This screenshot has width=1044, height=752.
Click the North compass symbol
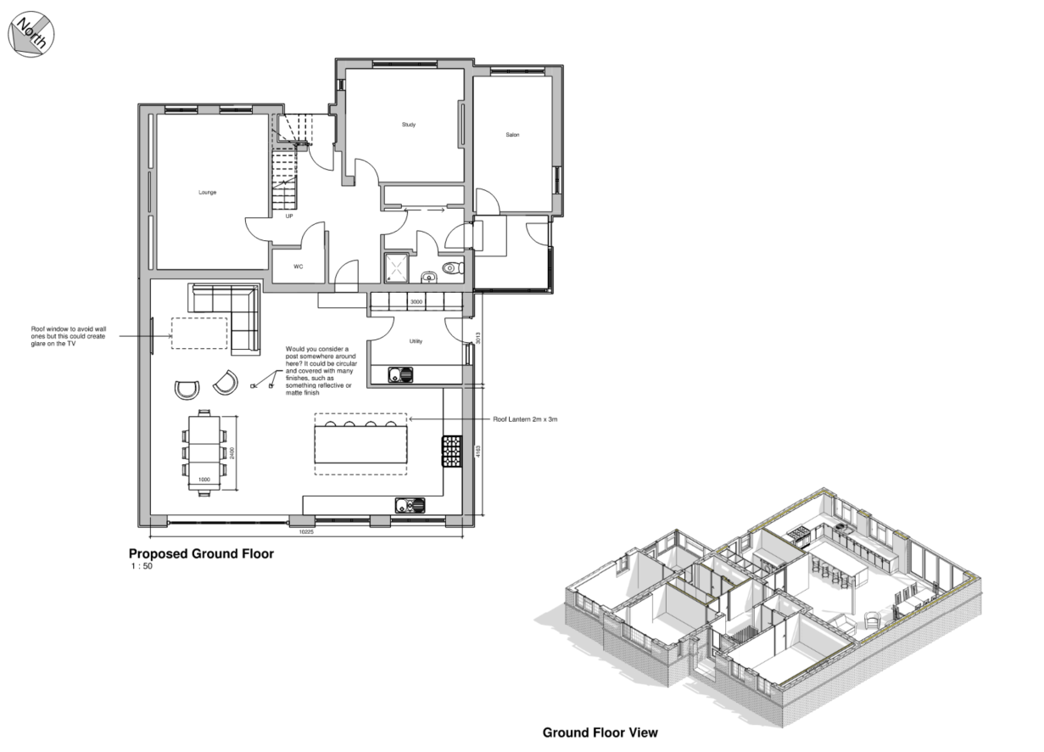(x=31, y=35)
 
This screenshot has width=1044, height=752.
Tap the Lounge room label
(x=208, y=192)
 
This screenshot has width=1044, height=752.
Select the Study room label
(x=409, y=125)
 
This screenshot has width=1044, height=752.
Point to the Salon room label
(x=513, y=135)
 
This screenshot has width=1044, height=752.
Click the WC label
(x=299, y=267)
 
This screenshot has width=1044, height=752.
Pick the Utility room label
(x=416, y=341)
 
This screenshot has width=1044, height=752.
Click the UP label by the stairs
(x=289, y=216)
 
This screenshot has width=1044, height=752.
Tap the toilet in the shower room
(x=453, y=267)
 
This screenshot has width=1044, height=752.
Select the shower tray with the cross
(x=397, y=268)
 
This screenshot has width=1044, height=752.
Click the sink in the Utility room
(x=401, y=374)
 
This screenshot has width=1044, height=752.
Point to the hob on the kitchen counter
(x=452, y=451)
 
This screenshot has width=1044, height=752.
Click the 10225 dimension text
(x=306, y=531)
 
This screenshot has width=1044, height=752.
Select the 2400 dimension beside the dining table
(x=232, y=452)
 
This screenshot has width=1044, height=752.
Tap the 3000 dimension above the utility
(x=416, y=302)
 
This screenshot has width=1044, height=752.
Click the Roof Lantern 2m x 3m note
(x=525, y=419)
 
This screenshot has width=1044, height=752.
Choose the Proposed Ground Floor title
(x=201, y=553)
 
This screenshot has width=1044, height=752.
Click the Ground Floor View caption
(x=600, y=732)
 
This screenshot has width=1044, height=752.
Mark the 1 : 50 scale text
(x=142, y=566)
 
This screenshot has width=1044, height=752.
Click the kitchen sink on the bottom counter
(x=410, y=505)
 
